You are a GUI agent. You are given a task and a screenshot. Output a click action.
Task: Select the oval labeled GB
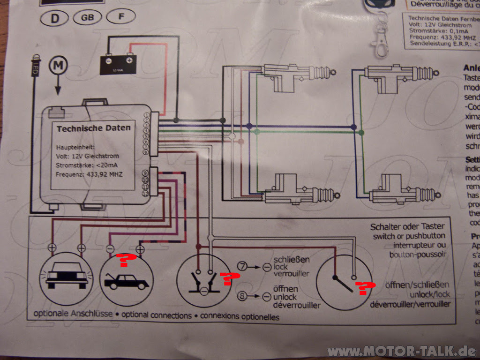point(88,17)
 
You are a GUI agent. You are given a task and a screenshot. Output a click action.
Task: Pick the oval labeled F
point(121,17)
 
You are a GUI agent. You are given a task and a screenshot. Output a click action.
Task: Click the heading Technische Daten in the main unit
point(94,128)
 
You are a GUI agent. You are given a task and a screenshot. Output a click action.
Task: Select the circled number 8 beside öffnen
point(242,296)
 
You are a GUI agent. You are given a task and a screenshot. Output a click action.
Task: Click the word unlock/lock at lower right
point(428,294)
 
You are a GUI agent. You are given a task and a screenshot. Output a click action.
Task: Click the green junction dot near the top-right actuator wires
point(361,133)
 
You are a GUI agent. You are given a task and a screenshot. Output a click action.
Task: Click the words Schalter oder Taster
point(407,227)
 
